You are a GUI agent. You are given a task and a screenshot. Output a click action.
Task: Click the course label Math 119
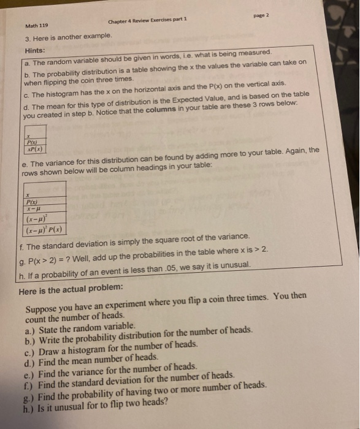point(36,26)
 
